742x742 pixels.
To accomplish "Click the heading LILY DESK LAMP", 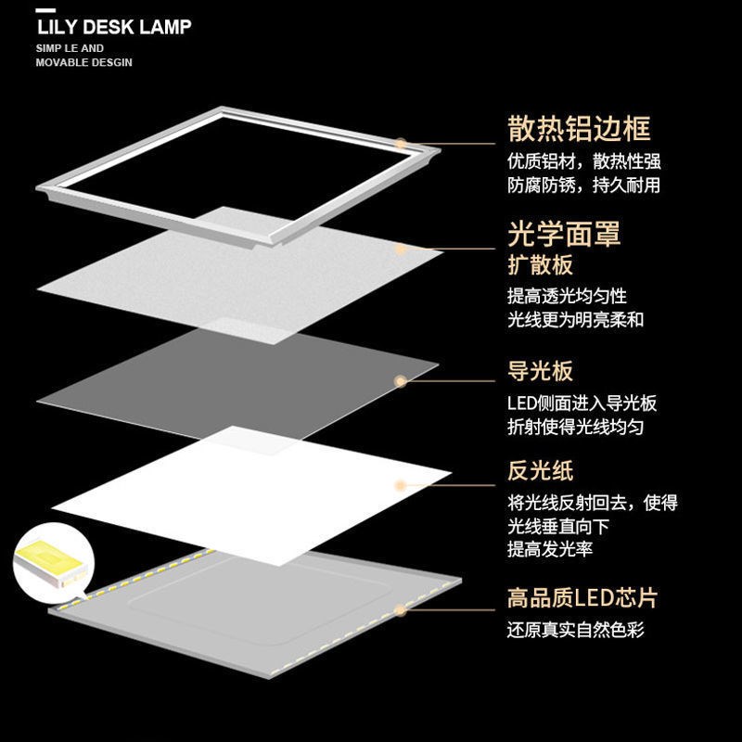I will coord(114,26).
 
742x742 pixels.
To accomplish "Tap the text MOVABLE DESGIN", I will coord(83,62).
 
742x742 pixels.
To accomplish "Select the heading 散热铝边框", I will coord(579,128).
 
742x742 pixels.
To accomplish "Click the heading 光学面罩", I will coord(563,234).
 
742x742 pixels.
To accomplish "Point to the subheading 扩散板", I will coord(540,265).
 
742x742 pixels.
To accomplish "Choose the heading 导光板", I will coord(540,371).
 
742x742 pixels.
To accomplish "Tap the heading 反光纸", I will coord(540,472).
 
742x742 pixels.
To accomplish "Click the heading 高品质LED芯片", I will coord(582,598).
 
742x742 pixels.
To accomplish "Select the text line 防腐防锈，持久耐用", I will coord(583,185).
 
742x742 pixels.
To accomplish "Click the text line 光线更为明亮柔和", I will coord(575,320).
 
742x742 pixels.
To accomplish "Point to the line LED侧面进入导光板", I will coord(582,403).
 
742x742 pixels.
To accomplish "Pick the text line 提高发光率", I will coord(550,549).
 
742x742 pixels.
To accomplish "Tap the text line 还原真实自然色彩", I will coord(575,631).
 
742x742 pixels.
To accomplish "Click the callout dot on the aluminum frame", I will coord(401,144).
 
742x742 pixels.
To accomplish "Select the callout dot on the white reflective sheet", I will coord(401,484).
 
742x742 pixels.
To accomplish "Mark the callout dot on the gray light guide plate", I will coord(401,380).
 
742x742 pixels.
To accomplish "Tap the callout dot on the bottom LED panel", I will coord(401,610).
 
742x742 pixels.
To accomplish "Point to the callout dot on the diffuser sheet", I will coord(401,249).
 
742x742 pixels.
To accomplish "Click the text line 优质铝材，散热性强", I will coord(583,161).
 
